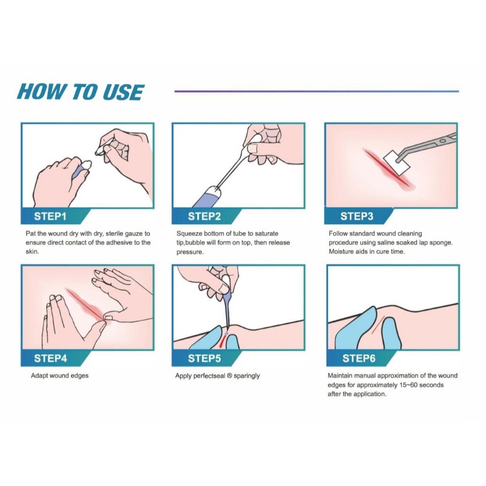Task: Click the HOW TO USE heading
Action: click(81, 92)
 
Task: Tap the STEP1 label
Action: click(50, 216)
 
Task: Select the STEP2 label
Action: click(204, 216)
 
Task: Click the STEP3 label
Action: click(357, 216)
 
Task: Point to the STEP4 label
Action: click(50, 358)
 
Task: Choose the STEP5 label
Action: click(204, 358)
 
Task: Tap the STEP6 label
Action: click(359, 358)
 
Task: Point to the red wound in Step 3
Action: click(389, 170)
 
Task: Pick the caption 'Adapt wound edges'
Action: click(59, 376)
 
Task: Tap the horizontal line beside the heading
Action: click(317, 92)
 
